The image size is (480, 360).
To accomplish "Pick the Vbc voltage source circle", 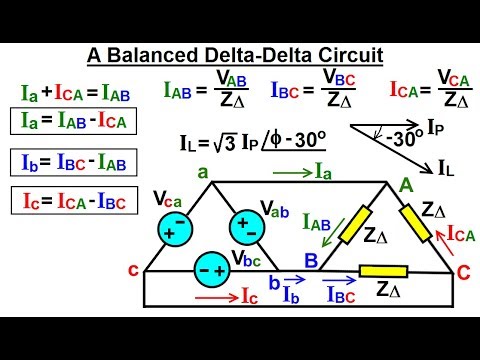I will click(211, 269).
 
